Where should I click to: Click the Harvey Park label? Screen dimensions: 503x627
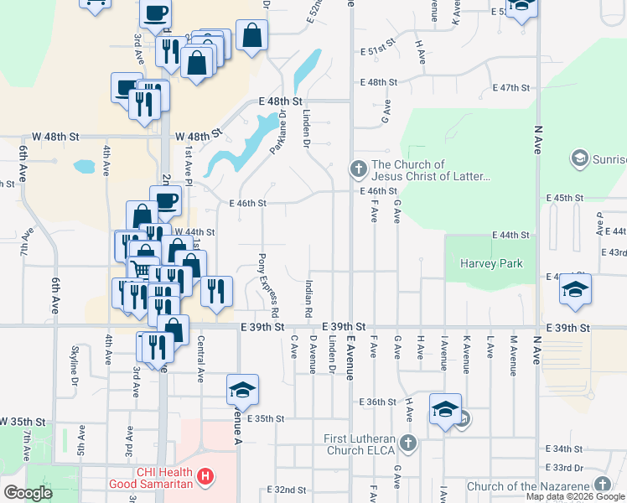491,264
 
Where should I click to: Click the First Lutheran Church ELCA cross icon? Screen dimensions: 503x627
407,442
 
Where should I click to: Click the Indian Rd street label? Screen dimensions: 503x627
308,298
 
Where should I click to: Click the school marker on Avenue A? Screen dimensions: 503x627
242,390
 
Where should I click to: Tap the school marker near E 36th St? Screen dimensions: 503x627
446,409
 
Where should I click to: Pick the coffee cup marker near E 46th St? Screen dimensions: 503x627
167,200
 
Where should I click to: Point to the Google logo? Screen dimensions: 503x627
28,493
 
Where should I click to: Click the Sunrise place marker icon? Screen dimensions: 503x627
578,158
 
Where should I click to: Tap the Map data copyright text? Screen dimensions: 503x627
576,496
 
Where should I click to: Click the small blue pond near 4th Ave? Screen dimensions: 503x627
85,166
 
